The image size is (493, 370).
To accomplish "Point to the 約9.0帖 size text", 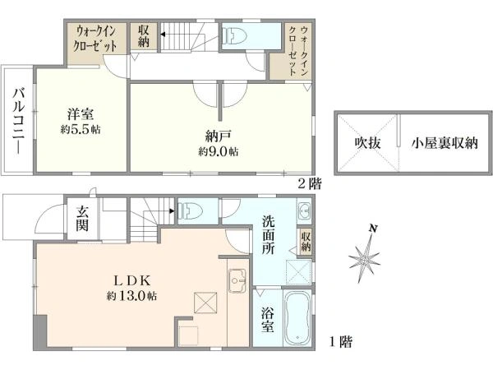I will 218,152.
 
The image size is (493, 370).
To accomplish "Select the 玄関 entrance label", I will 83,220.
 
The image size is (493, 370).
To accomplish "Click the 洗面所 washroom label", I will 269,235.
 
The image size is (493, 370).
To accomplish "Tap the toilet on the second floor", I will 234,35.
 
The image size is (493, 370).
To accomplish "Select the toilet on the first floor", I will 190,210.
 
